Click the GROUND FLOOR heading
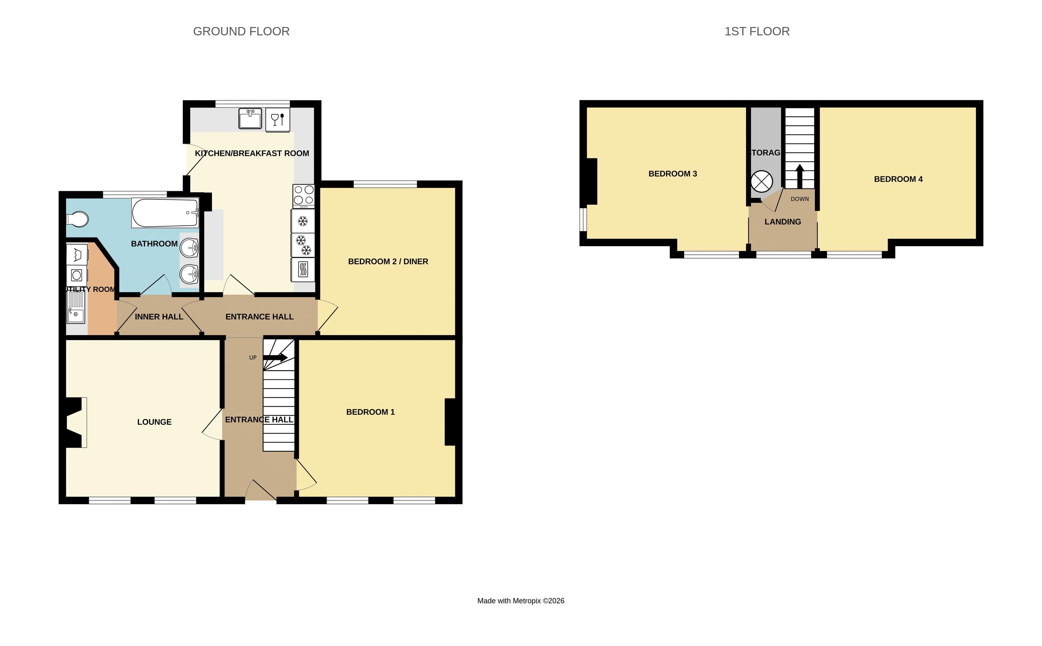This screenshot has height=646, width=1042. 241,31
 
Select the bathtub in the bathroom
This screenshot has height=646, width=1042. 165,213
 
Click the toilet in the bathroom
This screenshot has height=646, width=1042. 78,219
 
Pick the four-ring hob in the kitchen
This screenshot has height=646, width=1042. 303,195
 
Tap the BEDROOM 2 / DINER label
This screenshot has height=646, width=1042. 388,261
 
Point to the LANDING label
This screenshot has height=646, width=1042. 782,222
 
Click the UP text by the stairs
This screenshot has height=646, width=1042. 253,357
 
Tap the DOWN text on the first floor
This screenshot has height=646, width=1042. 799,199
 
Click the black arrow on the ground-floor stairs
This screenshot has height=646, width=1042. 275,357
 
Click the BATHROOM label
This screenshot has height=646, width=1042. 154,244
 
